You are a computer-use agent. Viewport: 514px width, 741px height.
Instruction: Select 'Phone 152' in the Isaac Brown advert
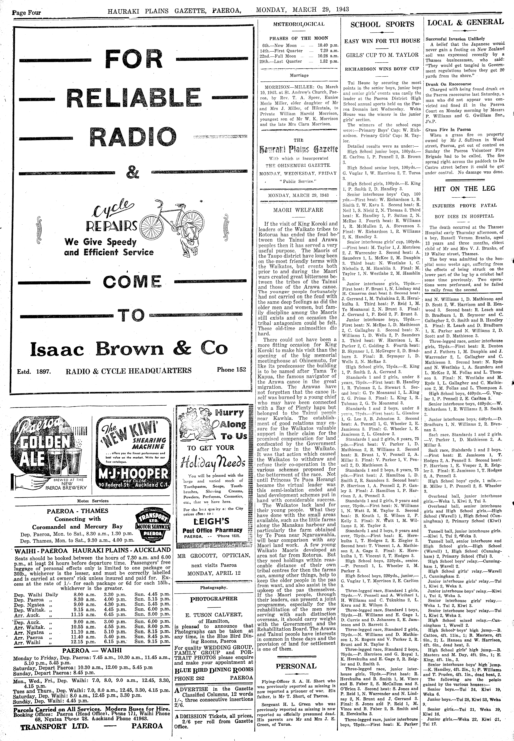[231, 370]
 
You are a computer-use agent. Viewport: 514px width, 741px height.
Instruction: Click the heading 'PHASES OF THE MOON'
[299, 38]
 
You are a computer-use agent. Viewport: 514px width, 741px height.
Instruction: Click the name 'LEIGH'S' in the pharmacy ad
[211, 521]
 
